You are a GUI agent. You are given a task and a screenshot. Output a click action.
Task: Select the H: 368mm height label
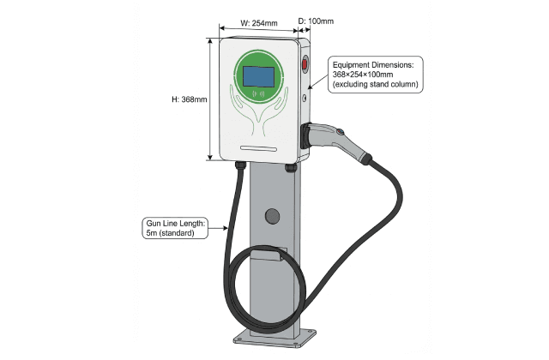coord(190,99)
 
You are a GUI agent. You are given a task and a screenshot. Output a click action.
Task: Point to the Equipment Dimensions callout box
coord(373,74)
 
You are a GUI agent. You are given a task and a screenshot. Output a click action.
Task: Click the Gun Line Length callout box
coord(176,228)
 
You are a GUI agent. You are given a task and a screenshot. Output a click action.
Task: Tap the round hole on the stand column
coord(271,215)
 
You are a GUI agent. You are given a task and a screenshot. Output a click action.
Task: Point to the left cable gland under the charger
coord(241,165)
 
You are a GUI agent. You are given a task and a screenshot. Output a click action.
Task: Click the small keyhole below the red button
coord(305,98)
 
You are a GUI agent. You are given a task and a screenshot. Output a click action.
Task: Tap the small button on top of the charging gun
coord(340,131)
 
